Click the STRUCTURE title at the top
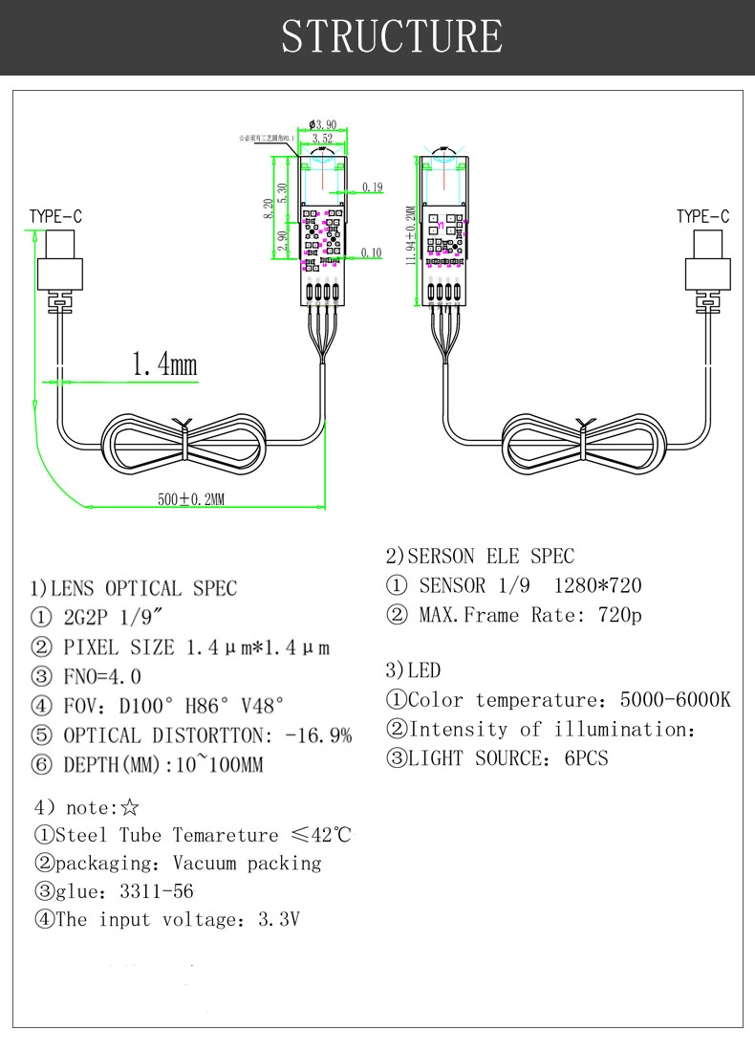click(x=392, y=36)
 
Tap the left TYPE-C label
click(x=55, y=217)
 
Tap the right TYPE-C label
click(x=702, y=217)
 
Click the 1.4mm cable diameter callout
click(x=163, y=364)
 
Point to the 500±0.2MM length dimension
click(x=191, y=498)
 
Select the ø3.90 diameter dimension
click(x=322, y=124)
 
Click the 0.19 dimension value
click(x=372, y=186)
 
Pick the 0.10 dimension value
click(x=372, y=253)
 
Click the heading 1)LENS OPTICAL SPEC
click(x=134, y=588)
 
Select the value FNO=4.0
click(x=102, y=677)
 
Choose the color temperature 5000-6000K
click(x=675, y=700)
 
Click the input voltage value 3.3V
click(x=280, y=920)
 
